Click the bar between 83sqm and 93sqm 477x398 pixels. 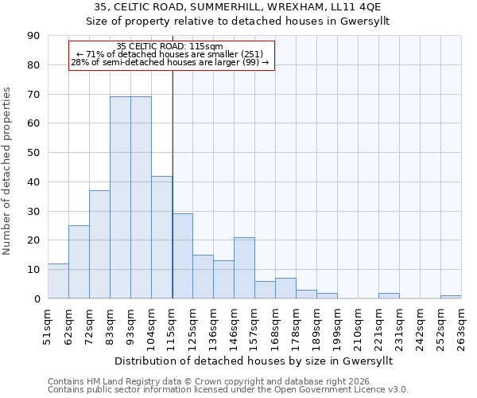pos(120,197)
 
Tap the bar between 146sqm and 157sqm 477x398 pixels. pos(244,267)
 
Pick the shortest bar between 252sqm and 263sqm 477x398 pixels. pos(451,297)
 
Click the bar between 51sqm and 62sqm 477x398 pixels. pos(58,281)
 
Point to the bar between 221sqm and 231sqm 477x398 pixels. pos(389,295)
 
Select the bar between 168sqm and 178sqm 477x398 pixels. pos(285,288)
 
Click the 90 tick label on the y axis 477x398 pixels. pos(33,36)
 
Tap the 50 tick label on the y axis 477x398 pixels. pos(33,153)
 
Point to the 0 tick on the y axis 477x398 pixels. pos(37,299)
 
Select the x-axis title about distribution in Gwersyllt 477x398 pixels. pos(254,361)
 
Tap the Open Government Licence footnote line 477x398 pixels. pos(228,389)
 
